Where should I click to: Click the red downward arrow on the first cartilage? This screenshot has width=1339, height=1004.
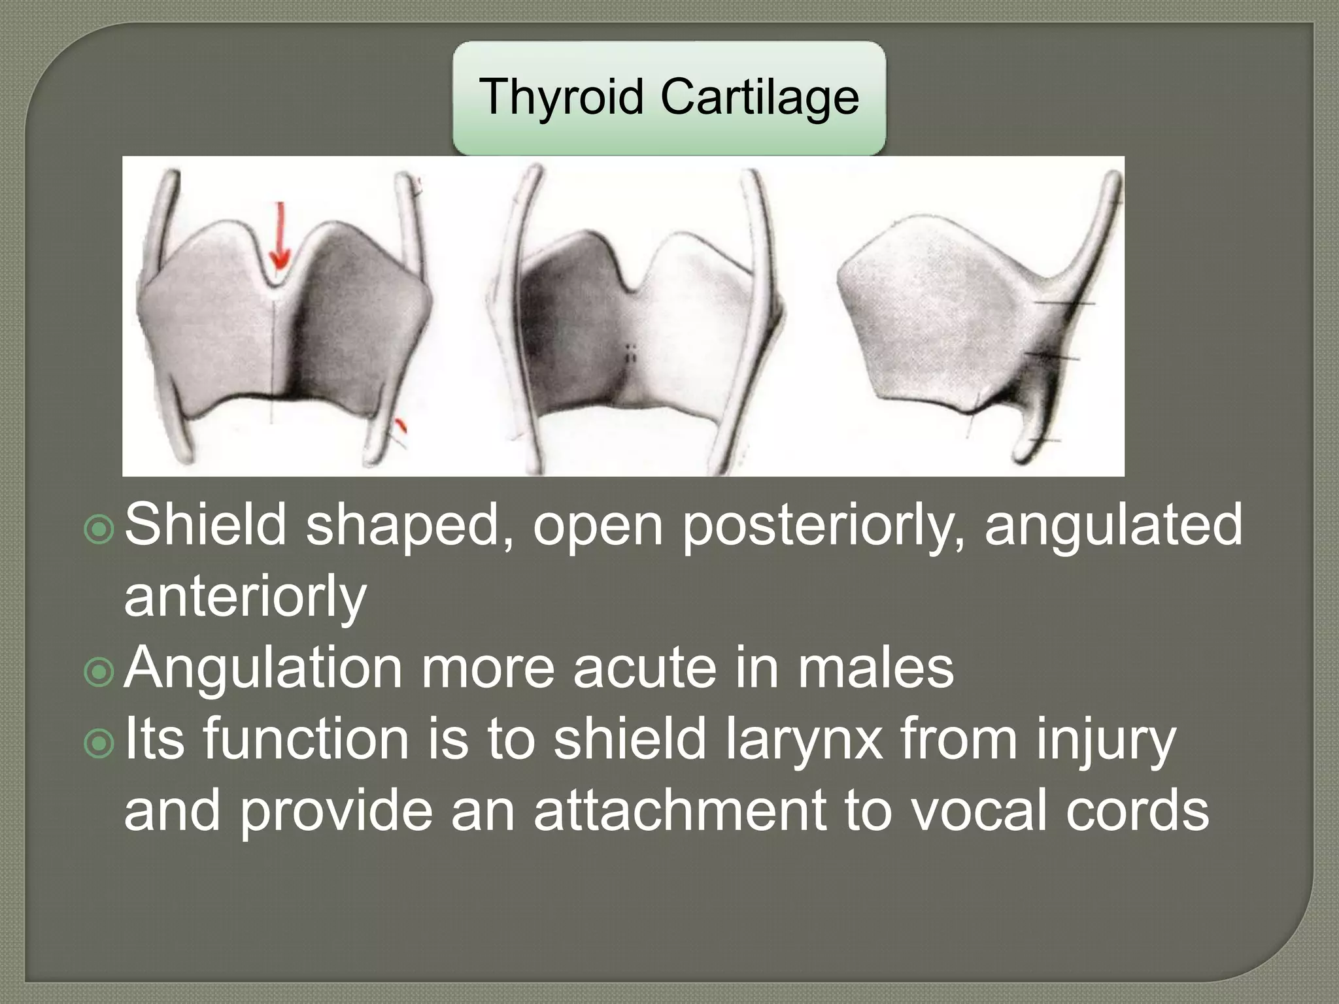[280, 236]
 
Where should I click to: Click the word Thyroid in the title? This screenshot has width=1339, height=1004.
[561, 97]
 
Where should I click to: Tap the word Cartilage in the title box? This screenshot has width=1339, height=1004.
[760, 96]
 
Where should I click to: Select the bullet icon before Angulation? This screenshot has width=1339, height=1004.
[99, 673]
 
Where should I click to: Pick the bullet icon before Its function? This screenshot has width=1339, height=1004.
[99, 744]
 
